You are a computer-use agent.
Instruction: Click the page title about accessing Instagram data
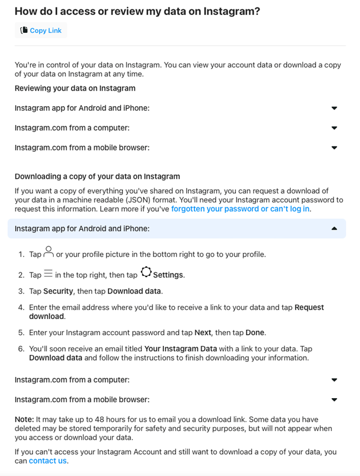(x=137, y=11)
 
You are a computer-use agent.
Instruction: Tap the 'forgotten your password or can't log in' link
(x=240, y=209)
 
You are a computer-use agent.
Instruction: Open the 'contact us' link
(x=48, y=460)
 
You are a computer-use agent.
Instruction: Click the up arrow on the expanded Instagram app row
(x=334, y=228)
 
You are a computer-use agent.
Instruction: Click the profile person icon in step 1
(x=48, y=252)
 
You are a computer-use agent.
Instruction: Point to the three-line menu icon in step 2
(x=48, y=273)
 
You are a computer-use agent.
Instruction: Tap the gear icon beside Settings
(x=146, y=272)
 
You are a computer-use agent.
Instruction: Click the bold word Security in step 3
(x=58, y=291)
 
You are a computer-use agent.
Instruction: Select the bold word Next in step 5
(x=202, y=332)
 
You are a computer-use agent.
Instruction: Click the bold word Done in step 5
(x=254, y=332)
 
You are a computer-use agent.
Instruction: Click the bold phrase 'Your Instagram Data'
(x=181, y=348)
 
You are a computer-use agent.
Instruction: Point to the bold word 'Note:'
(x=24, y=419)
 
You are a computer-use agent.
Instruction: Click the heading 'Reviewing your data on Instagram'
(x=75, y=88)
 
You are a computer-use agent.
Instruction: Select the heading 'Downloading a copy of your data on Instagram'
(x=97, y=177)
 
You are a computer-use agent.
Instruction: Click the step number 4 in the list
(x=21, y=308)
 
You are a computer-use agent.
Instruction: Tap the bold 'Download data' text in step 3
(x=134, y=291)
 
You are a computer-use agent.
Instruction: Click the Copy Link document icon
(x=24, y=30)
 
